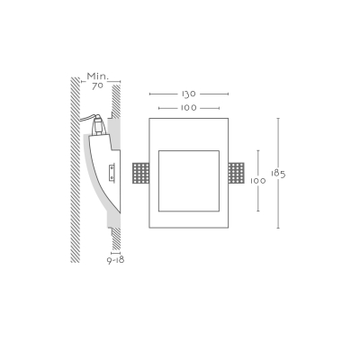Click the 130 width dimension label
coord(189,94)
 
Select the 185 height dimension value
coord(278,174)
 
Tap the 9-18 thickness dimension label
coord(116,260)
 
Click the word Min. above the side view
coord(98,76)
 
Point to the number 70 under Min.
coord(97,85)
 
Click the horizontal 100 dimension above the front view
coord(189,108)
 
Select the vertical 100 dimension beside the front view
coord(258,181)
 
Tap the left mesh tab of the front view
coord(140,173)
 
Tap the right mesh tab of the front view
coord(237,173)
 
